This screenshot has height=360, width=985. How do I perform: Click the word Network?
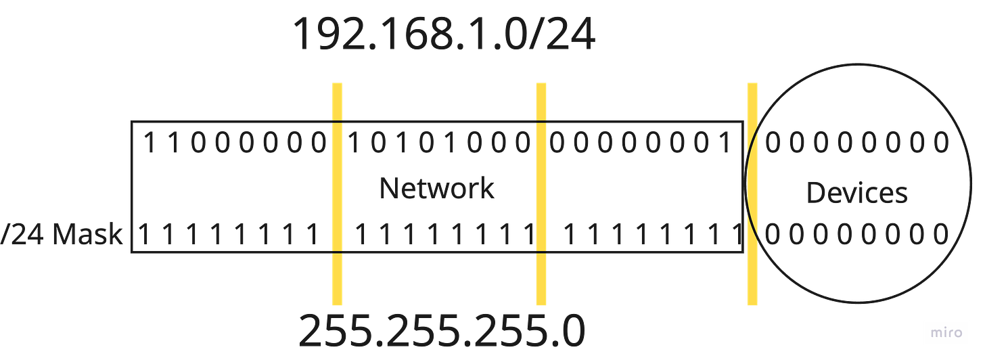click(436, 188)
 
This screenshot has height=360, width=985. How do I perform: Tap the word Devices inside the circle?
click(856, 194)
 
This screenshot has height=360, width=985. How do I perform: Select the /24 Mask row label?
click(62, 235)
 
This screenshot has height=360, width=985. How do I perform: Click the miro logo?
click(946, 333)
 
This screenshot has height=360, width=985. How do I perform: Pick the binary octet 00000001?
click(640, 143)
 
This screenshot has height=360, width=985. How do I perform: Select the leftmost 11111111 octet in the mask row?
click(229, 235)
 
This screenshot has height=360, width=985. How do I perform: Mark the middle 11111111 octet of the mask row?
click(443, 235)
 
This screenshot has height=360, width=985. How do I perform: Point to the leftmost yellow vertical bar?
click(337, 193)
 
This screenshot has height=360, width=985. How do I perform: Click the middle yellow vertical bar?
click(541, 193)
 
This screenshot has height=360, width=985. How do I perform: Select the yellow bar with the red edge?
click(752, 193)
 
